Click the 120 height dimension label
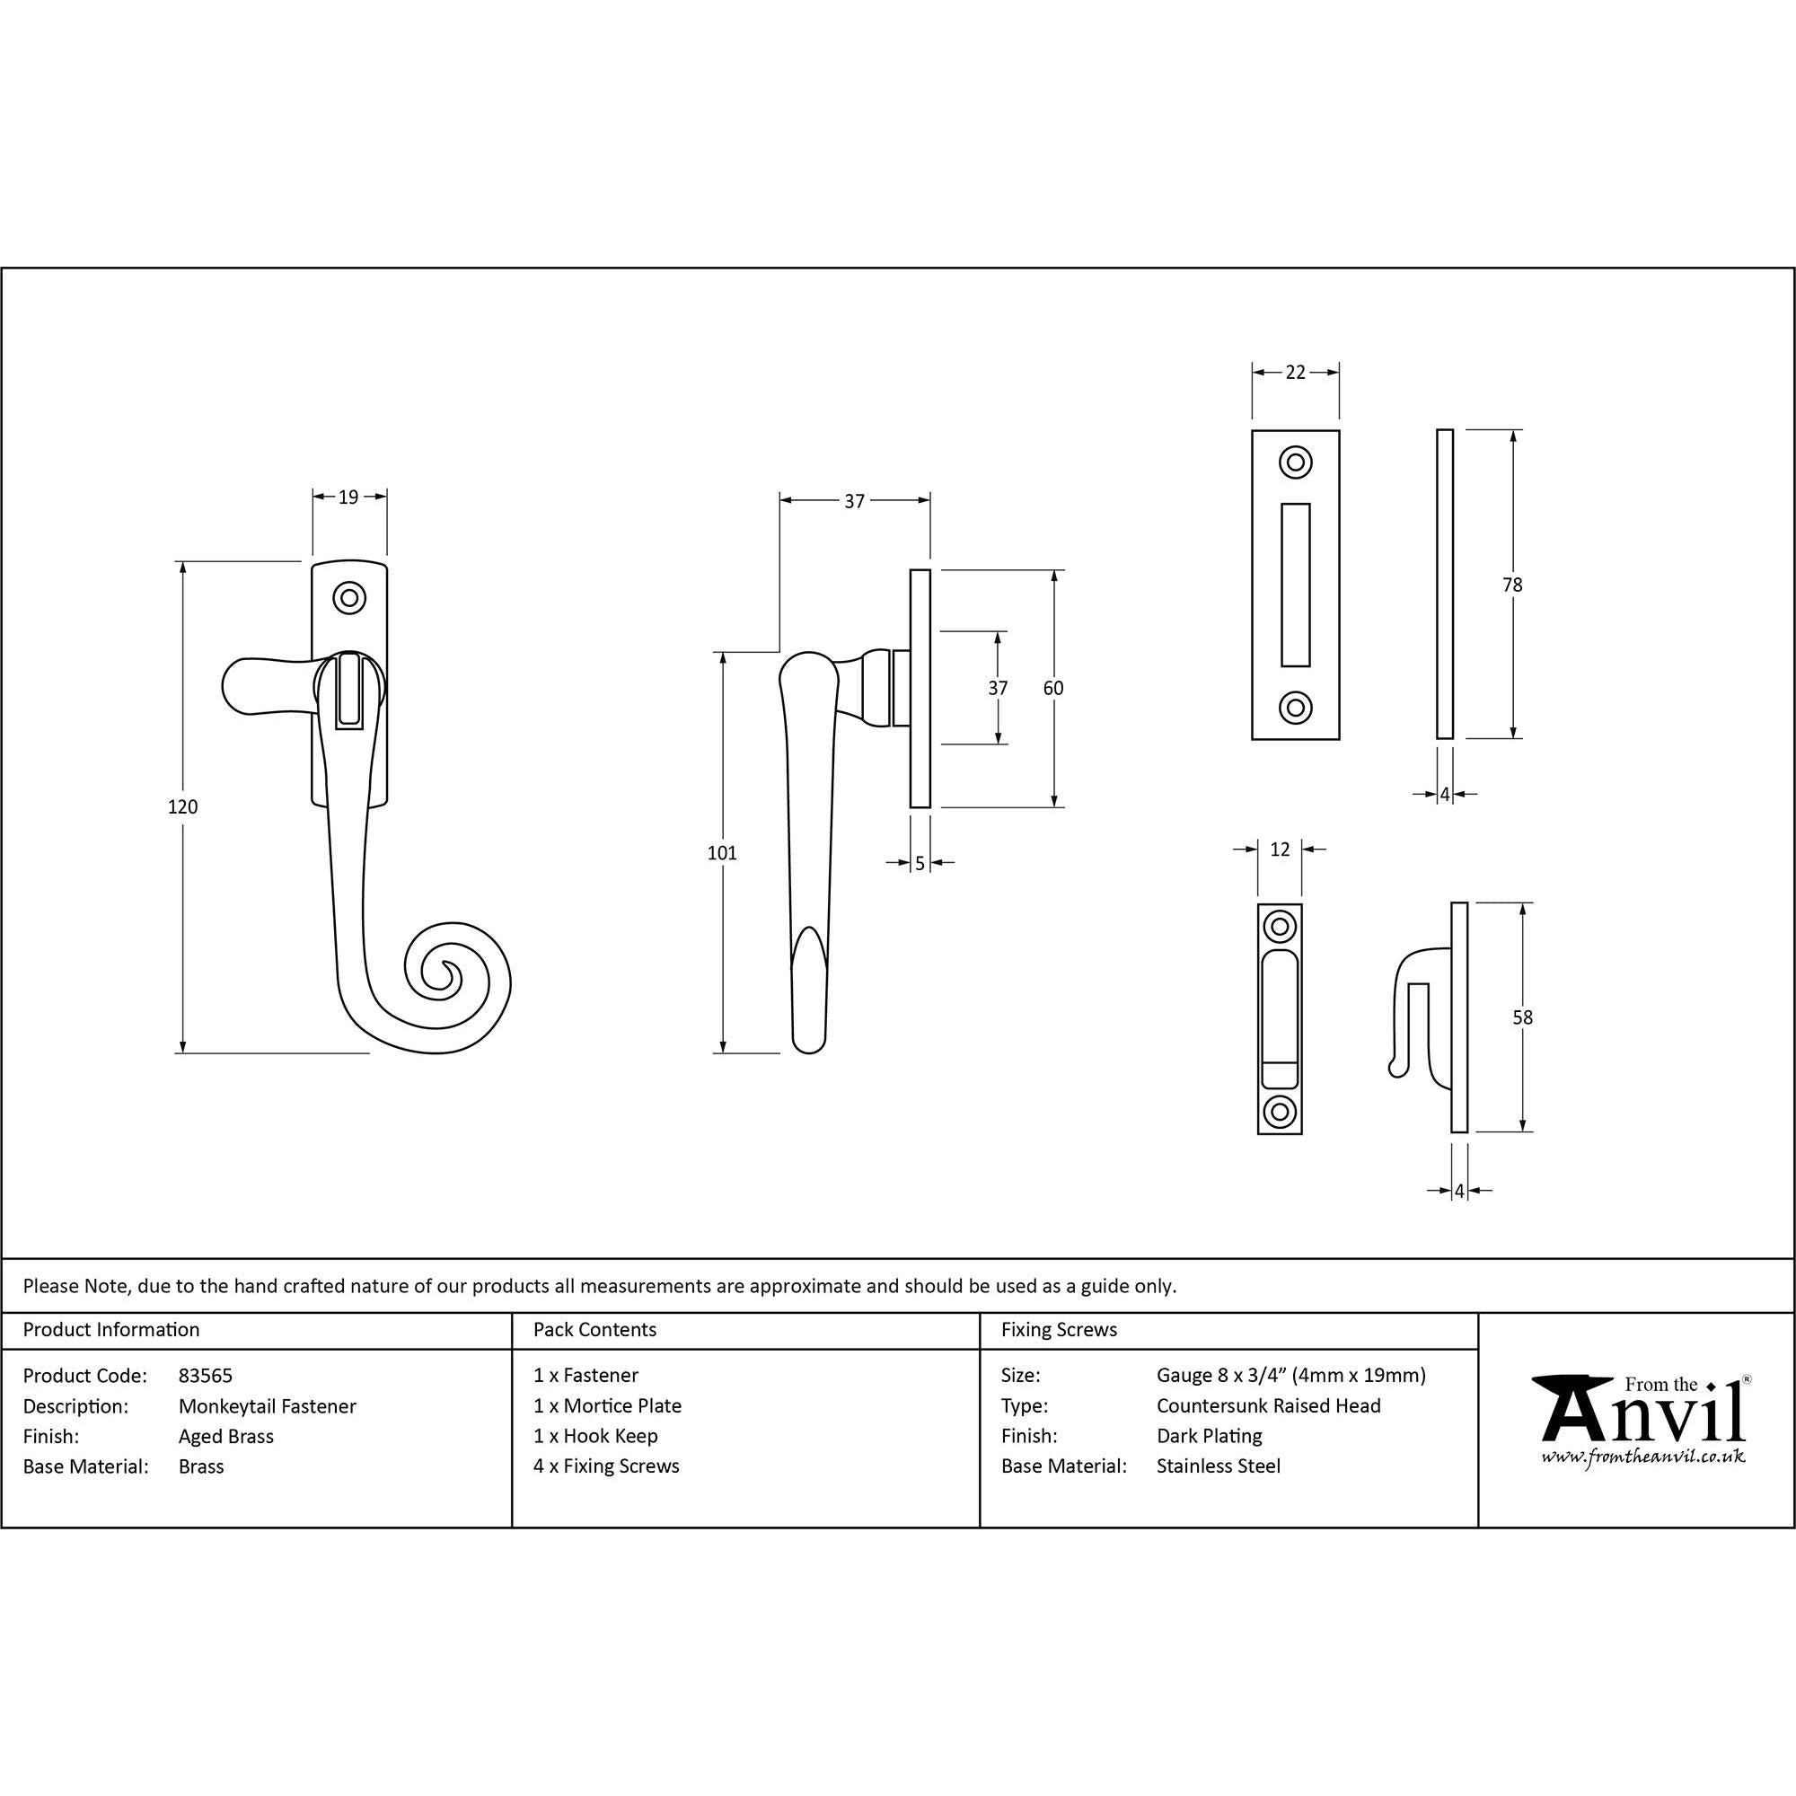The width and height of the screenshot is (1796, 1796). tap(183, 807)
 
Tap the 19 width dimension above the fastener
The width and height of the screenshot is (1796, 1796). tap(348, 497)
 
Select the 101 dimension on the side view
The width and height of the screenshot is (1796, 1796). tap(722, 852)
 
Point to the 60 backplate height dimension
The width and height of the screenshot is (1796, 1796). tap(1053, 688)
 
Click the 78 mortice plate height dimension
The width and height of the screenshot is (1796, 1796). tap(1512, 585)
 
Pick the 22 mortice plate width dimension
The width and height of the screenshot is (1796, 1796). tap(1296, 372)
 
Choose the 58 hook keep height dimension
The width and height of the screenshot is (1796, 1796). tap(1522, 1017)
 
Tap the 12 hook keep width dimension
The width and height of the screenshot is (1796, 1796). tap(1280, 849)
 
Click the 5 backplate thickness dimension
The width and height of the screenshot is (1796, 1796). tap(920, 863)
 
